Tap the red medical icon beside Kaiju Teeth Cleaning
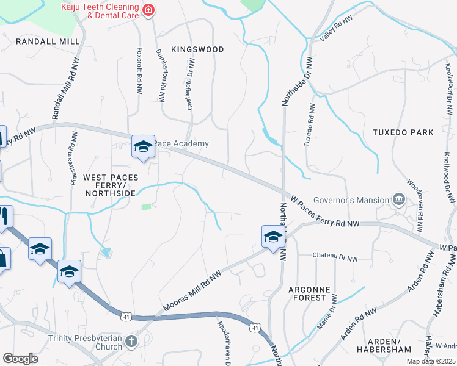(147, 10)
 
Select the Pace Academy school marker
(143, 146)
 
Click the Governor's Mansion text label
(351, 200)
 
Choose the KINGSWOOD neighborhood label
(197, 49)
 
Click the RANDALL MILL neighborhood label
(48, 41)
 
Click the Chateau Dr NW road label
(335, 255)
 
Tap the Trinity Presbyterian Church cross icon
(130, 341)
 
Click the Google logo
(20, 358)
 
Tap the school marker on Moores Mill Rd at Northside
(272, 237)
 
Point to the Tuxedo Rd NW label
(309, 124)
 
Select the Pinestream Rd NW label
(73, 157)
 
